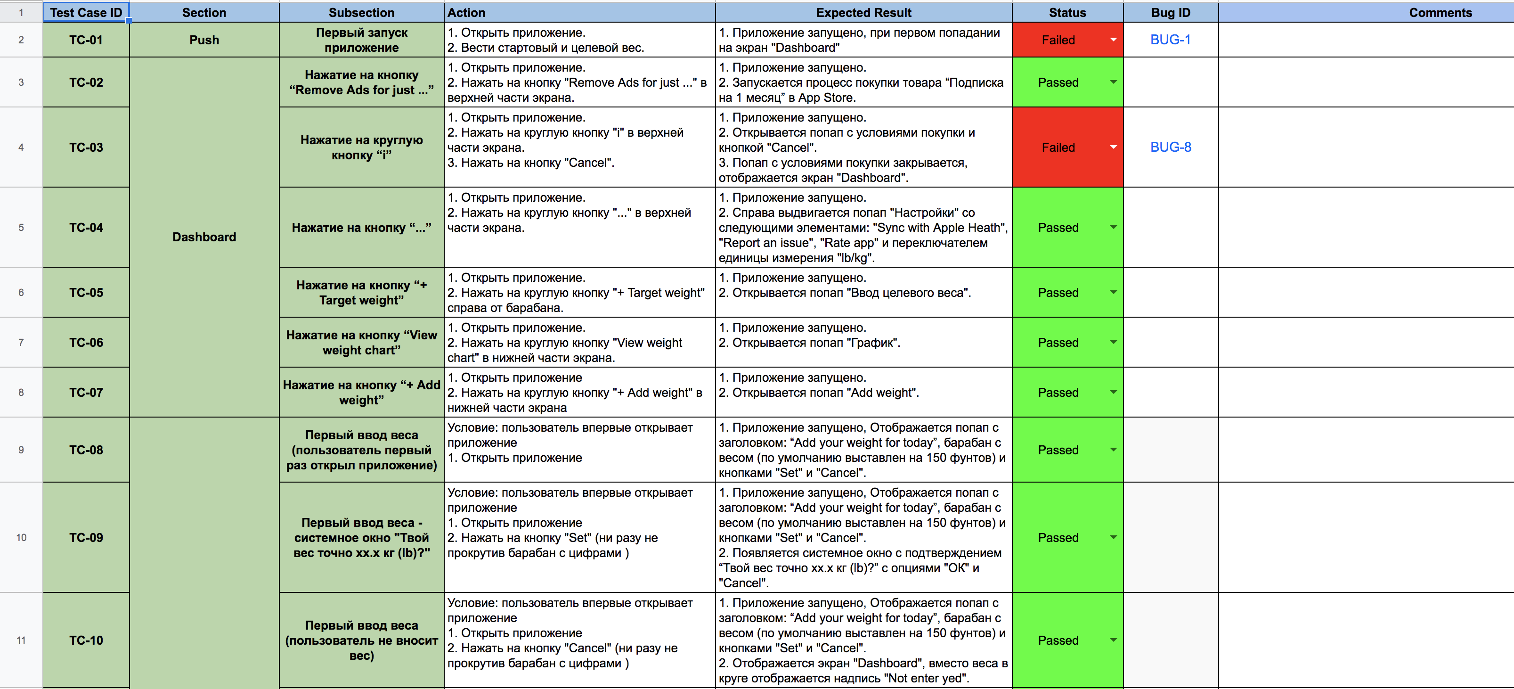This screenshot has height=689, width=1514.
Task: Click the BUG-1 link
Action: [x=1170, y=40]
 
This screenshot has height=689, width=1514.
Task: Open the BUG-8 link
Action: [x=1170, y=147]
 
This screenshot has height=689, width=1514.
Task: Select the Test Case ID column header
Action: [x=86, y=12]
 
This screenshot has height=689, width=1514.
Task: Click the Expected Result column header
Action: [x=863, y=12]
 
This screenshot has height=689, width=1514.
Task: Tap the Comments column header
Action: [x=1440, y=12]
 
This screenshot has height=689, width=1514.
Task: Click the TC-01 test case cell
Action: [x=86, y=40]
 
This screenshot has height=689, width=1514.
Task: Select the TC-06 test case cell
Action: [x=86, y=342]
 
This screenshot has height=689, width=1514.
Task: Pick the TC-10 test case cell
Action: [x=86, y=640]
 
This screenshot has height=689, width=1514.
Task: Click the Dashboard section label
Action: [x=204, y=237]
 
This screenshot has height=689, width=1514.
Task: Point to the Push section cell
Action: [x=204, y=40]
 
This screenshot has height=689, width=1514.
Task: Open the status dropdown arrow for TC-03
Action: [x=1113, y=147]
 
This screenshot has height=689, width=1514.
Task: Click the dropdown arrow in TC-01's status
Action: [x=1113, y=40]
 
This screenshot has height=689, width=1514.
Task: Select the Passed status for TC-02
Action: [x=1058, y=82]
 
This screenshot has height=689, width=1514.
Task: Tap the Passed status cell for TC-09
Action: [x=1058, y=537]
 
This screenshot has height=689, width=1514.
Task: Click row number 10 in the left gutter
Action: [x=21, y=537]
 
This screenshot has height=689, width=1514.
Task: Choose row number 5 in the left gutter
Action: [x=21, y=228]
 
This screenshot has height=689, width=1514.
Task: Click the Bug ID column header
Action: [x=1170, y=12]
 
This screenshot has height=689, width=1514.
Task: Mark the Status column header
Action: [x=1067, y=12]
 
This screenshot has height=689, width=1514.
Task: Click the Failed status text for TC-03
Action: [x=1058, y=148]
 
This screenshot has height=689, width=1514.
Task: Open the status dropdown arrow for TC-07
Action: [x=1113, y=392]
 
